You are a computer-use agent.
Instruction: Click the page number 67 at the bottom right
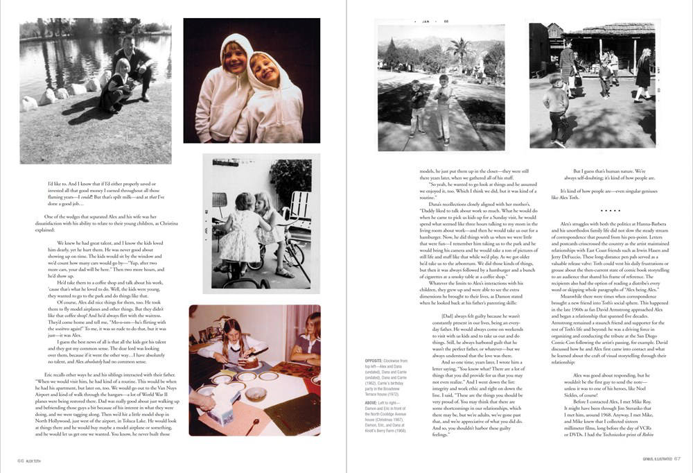click(x=677, y=457)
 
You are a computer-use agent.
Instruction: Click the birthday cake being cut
click(x=252, y=361)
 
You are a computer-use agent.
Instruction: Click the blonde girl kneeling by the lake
click(x=116, y=85)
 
